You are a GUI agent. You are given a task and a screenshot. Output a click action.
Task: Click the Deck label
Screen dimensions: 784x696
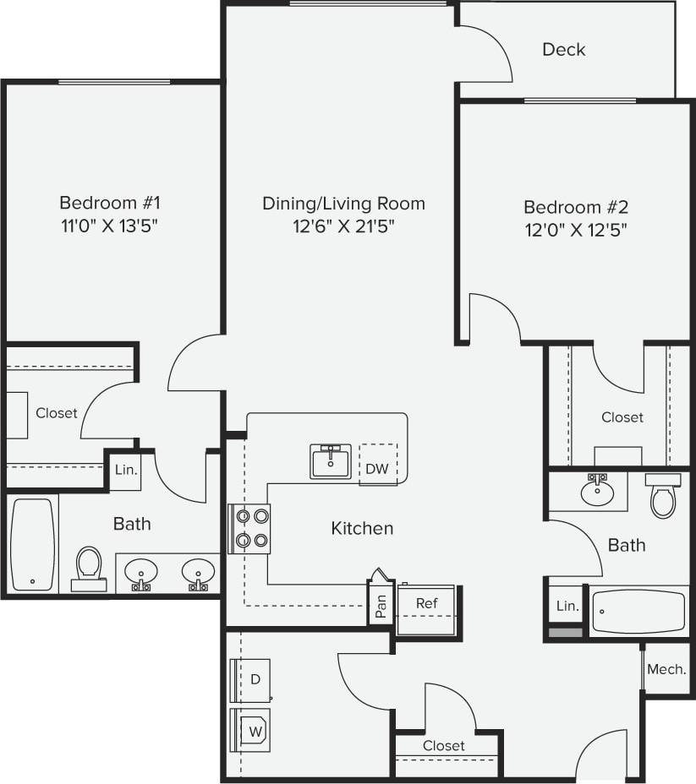click(x=563, y=50)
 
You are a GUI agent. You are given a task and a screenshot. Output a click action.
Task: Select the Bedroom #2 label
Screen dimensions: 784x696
click(x=575, y=207)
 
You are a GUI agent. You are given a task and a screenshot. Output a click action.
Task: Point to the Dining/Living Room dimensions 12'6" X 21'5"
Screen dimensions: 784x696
click(x=343, y=226)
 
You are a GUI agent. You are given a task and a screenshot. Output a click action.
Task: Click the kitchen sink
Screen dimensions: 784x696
click(x=330, y=461)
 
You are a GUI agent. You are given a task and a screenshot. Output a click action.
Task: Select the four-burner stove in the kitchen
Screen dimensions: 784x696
click(x=251, y=527)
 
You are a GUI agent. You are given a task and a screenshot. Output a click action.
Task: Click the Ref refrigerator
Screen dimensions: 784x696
click(x=426, y=603)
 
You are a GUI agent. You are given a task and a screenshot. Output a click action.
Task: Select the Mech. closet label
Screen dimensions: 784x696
click(x=666, y=669)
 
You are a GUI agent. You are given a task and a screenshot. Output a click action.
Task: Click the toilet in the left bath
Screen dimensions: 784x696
click(x=88, y=568)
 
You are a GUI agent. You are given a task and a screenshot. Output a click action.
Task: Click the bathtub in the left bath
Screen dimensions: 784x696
click(x=33, y=544)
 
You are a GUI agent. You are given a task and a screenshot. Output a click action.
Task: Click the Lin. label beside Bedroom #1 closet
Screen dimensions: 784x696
click(x=126, y=470)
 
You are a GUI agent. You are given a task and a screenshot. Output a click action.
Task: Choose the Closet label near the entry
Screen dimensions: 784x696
click(x=444, y=745)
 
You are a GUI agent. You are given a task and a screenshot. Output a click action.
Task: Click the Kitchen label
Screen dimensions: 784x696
click(x=362, y=528)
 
